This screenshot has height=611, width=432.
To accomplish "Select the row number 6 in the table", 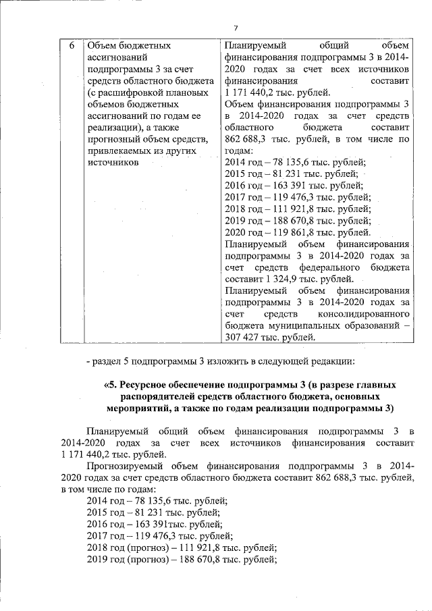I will click(x=72, y=46).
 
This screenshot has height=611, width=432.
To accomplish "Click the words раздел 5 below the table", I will click(x=115, y=361).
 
